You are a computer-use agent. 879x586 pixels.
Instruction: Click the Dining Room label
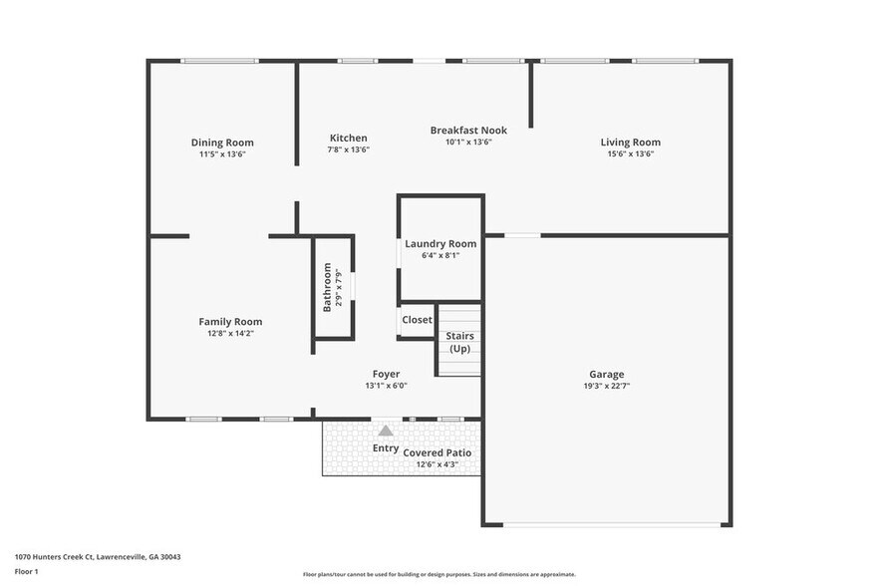coord(222,143)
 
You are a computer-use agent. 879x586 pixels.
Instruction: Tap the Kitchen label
coord(349,138)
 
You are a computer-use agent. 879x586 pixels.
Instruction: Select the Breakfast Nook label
coord(468,131)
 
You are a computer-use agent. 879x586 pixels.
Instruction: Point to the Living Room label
coord(630,143)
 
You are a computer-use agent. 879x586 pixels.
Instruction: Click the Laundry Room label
coord(440,243)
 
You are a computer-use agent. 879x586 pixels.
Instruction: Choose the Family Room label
coord(230,321)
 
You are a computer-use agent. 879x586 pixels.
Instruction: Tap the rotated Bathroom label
coord(327,287)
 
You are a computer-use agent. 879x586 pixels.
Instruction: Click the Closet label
coord(417,320)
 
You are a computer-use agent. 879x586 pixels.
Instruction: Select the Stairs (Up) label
coord(459,342)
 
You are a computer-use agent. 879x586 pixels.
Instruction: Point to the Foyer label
coord(386,374)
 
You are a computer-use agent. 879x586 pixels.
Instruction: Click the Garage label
coord(606,375)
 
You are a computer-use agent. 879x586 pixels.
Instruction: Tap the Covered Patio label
coord(437,452)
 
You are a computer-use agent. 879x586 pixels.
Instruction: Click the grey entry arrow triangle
coord(386,431)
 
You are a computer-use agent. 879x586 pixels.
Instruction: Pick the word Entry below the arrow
coord(386,448)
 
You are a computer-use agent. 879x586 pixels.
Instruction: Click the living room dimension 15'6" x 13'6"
coord(630,153)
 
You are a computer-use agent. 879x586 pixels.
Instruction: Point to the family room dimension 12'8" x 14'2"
coord(230,333)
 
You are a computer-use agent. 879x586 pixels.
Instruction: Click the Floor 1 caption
coord(26,571)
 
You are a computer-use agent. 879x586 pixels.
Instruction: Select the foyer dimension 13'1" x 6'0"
coord(386,386)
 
